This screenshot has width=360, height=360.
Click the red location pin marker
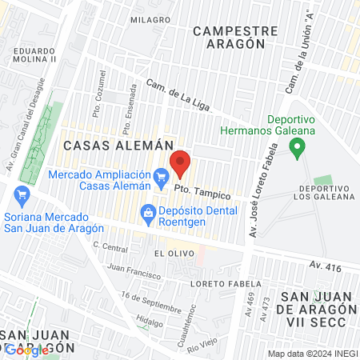(x=181, y=163)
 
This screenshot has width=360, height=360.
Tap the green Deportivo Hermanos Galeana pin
(x=297, y=147)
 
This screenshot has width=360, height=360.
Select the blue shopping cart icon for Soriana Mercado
(x=22, y=194)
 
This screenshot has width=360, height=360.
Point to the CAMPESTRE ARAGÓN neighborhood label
(x=236, y=38)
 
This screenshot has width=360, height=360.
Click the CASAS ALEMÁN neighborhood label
(x=118, y=146)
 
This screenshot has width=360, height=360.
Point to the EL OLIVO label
(x=170, y=252)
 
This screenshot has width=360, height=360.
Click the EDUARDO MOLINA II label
(x=34, y=54)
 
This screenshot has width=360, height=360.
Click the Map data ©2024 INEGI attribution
(x=313, y=354)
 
